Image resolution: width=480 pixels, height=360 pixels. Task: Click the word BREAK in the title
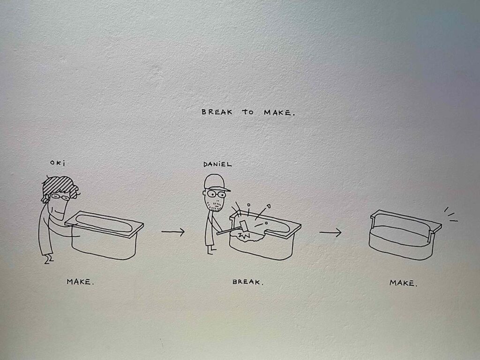point(217,112)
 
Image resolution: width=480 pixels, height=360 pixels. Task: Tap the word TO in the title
point(248,112)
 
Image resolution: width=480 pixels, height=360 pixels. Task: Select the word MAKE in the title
point(277,112)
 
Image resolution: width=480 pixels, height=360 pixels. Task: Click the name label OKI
point(58,163)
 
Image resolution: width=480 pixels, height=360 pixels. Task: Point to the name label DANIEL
point(217,165)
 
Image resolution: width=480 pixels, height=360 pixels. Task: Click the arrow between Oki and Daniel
point(173,232)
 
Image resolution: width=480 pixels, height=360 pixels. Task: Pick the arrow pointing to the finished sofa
point(330,232)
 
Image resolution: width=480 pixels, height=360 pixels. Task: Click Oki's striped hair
point(60,187)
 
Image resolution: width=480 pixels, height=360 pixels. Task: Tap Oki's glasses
point(60,197)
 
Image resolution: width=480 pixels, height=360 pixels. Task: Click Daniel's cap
point(216,183)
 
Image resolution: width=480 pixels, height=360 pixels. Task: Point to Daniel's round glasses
point(216,194)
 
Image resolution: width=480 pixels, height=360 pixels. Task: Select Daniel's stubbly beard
point(214,206)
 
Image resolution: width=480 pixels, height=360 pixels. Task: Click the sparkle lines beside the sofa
point(450,214)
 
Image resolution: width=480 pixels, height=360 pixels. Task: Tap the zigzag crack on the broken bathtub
point(244,235)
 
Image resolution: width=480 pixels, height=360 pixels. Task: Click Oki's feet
point(49,260)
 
